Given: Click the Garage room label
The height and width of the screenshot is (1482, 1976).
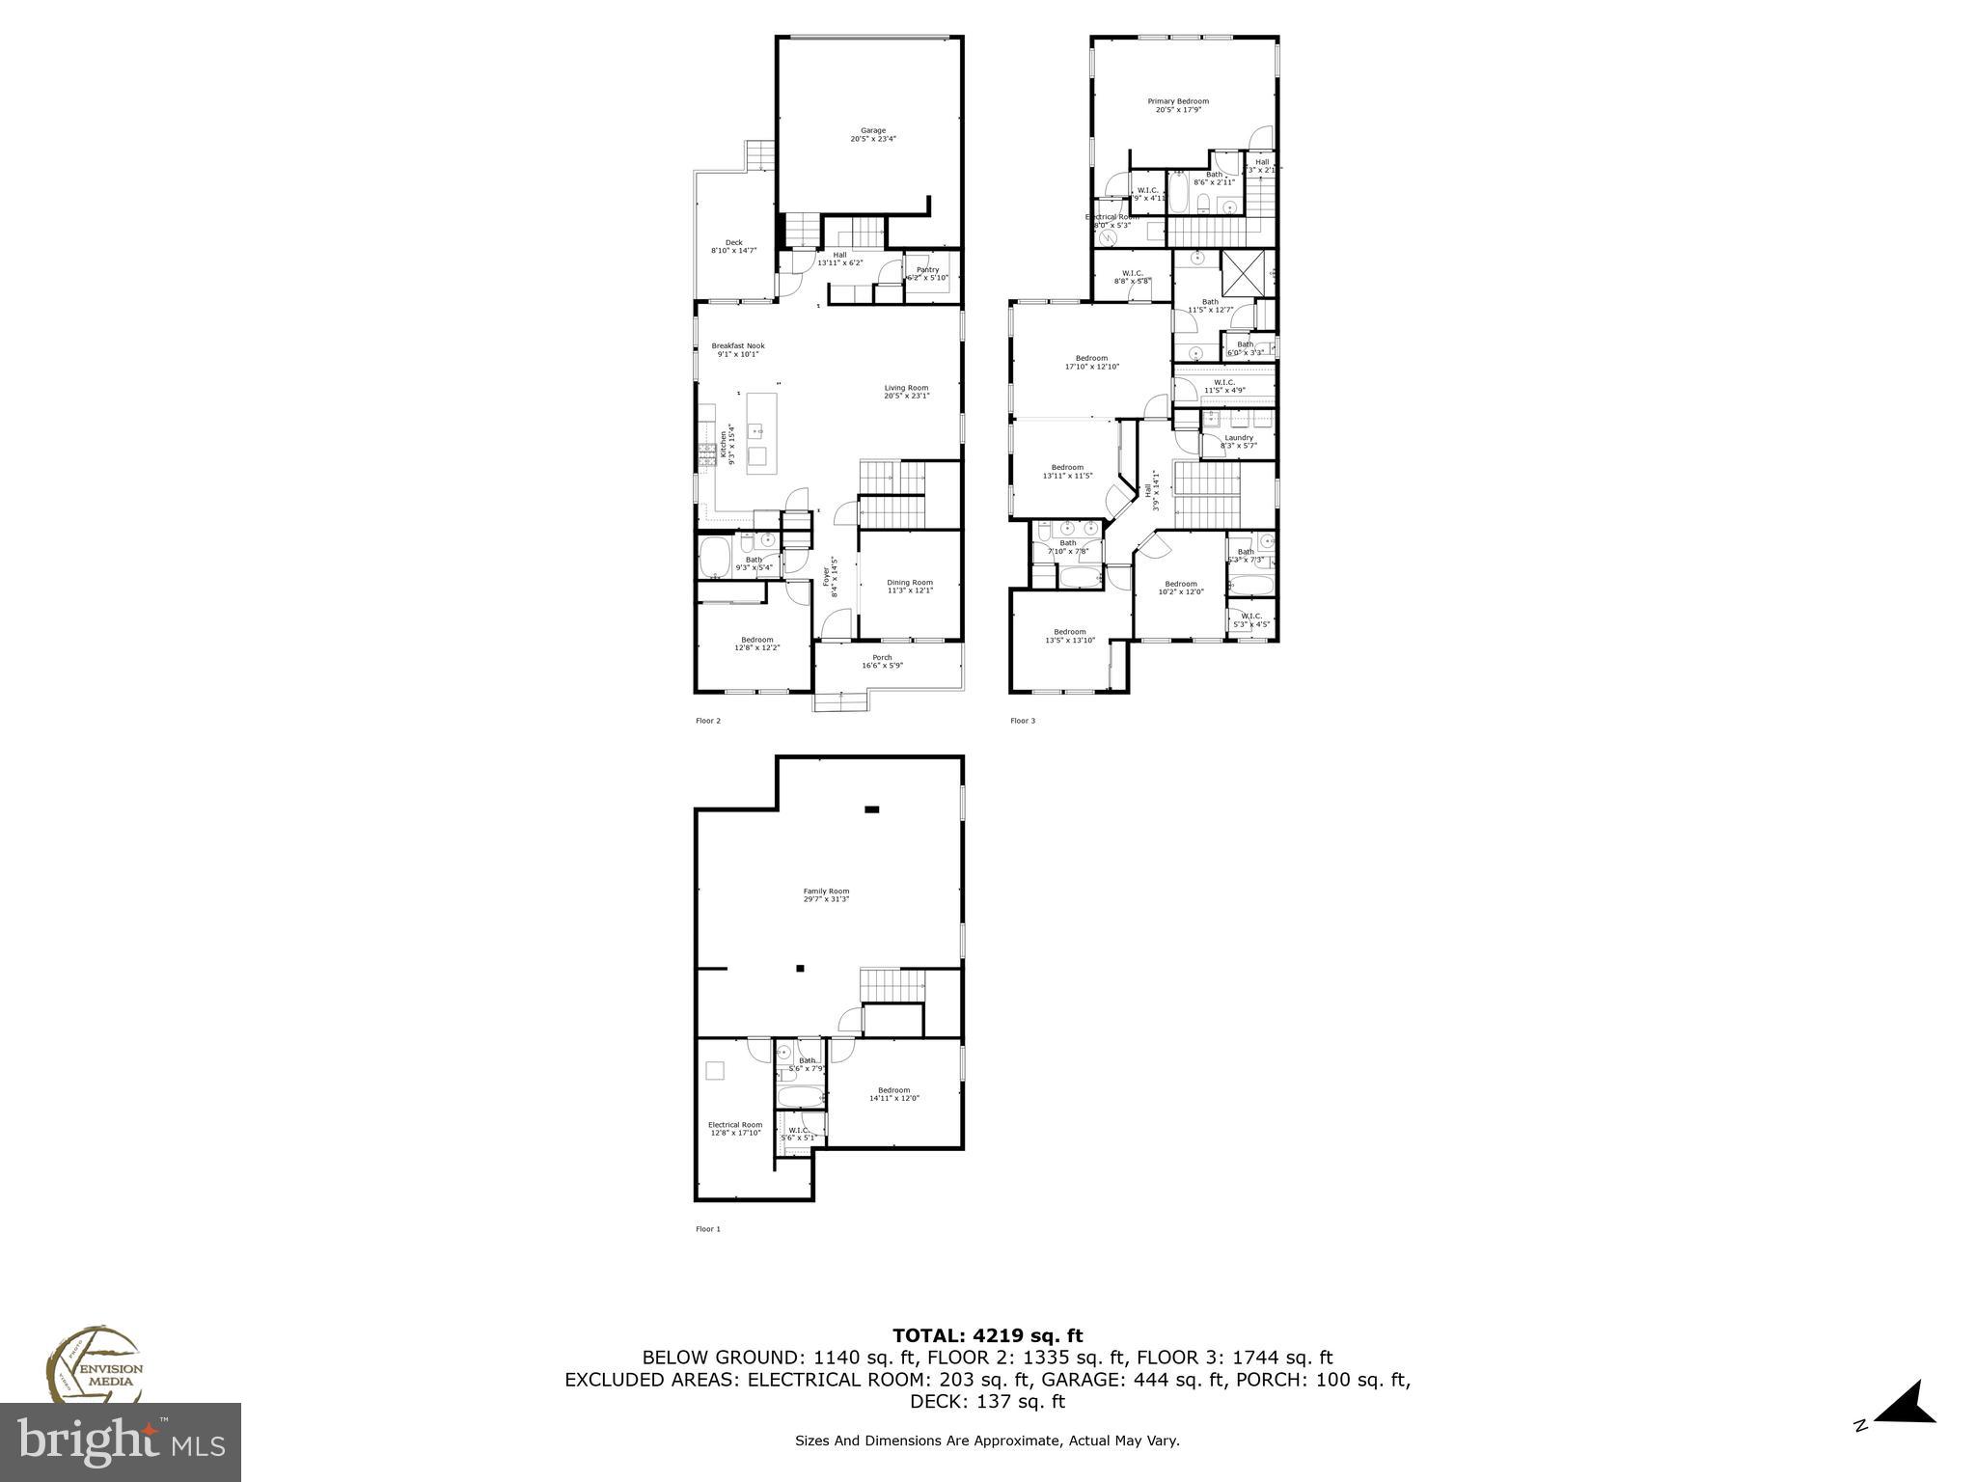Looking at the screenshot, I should click(873, 135).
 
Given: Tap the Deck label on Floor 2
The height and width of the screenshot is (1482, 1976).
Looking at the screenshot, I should click(733, 247).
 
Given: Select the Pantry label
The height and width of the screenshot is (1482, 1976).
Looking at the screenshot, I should click(927, 274).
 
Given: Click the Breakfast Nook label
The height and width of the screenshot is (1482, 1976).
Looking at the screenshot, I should click(738, 349).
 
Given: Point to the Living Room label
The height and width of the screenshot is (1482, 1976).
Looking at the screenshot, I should click(907, 392).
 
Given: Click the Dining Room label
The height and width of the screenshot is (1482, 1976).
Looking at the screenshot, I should click(910, 587).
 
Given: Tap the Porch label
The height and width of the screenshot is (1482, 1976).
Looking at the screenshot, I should click(882, 661).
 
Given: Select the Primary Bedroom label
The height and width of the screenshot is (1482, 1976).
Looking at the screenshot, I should click(1178, 105).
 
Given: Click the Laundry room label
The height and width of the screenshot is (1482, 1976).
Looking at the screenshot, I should click(1238, 441).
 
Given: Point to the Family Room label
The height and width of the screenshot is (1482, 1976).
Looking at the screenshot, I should click(826, 895).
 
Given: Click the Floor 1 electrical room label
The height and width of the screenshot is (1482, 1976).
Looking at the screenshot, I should click(735, 1128).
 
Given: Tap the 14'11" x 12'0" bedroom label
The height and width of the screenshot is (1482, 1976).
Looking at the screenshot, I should click(893, 1094).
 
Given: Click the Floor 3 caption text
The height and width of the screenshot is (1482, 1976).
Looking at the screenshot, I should click(1023, 721).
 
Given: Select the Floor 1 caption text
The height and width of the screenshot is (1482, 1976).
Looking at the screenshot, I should click(708, 1229).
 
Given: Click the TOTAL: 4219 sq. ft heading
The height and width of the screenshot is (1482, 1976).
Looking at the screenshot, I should click(987, 1335).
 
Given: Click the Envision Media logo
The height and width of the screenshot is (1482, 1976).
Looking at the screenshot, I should click(94, 1367).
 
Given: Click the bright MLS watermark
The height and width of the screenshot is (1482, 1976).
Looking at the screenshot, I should click(121, 1441).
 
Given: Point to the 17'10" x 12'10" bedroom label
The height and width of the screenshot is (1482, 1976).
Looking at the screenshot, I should click(1091, 362).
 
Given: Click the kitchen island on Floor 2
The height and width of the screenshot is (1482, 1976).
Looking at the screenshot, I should click(761, 431).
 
